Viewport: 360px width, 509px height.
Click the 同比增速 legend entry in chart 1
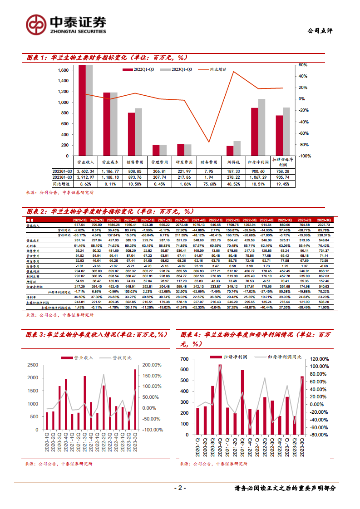click(x=218, y=69)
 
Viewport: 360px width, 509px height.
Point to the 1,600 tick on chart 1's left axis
click(x=63, y=70)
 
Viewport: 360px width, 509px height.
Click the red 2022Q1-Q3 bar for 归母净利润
click(x=255, y=132)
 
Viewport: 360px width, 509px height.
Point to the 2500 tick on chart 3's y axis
click(x=33, y=365)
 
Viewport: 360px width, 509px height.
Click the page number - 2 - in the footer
click(x=180, y=488)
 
